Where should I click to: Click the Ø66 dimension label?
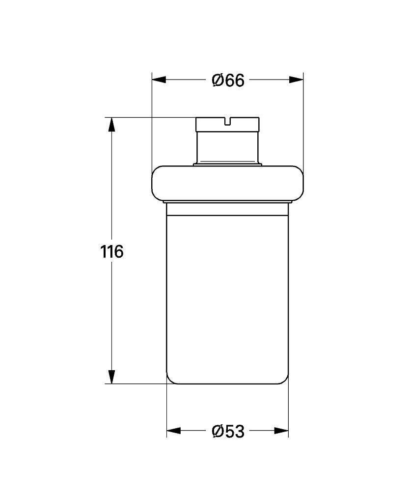tap(228, 81)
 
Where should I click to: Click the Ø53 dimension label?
tap(228, 432)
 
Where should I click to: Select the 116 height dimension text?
tap(112, 251)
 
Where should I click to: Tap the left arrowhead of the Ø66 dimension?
tap(159, 80)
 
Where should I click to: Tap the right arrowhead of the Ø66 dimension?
tap(296, 80)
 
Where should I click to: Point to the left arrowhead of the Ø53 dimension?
tap(173, 431)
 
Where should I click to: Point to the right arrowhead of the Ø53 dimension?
tap(281, 431)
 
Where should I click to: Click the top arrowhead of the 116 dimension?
tap(111, 124)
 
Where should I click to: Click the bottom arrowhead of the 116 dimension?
tap(111, 377)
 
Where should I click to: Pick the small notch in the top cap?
tap(228, 121)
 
